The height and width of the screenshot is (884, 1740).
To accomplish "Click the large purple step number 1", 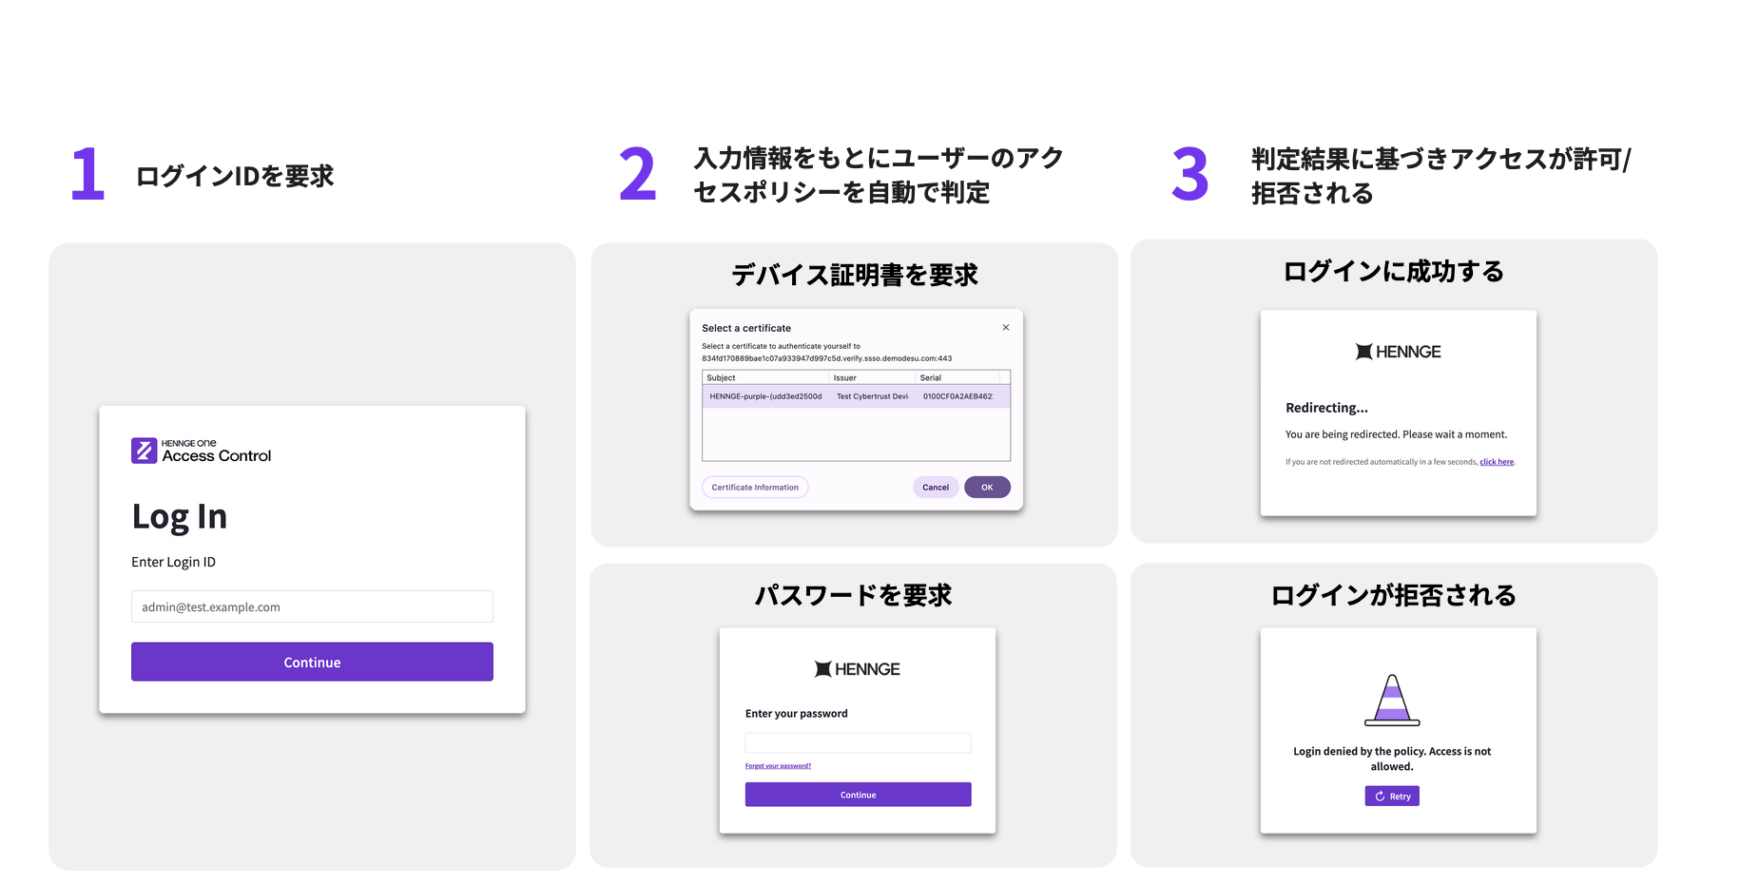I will click(88, 174).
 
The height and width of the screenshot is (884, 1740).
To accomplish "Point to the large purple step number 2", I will click(637, 174).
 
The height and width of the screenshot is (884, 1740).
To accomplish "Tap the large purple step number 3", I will click(1189, 175).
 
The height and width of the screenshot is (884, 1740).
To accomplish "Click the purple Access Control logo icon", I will click(144, 451).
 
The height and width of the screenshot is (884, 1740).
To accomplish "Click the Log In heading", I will click(180, 516).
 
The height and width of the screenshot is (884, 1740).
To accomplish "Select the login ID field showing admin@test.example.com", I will click(312, 606).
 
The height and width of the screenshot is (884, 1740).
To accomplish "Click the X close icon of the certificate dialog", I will click(1006, 328).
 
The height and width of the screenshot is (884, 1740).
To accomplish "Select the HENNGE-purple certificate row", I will click(856, 396).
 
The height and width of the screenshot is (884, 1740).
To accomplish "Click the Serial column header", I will click(931, 378).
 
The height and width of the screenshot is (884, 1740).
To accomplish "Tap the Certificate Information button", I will click(755, 488).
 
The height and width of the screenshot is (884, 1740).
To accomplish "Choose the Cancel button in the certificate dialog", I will click(936, 488).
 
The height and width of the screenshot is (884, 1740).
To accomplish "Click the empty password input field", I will click(858, 742).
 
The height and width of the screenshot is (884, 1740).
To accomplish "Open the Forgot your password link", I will click(778, 766).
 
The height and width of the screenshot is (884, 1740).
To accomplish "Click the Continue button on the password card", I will click(858, 795).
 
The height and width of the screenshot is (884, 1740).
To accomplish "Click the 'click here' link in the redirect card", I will click(1497, 462).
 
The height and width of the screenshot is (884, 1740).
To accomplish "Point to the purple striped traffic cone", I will click(1392, 701).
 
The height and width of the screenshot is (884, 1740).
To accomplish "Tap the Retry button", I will click(1392, 797).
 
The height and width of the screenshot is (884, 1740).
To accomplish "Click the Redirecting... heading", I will click(1326, 408).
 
